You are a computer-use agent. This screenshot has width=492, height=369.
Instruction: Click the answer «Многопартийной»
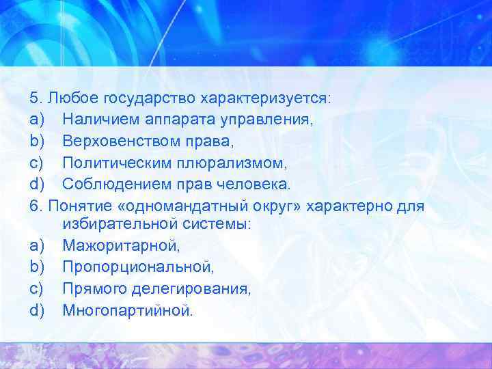click(128, 310)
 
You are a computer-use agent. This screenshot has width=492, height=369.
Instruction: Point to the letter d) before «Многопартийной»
click(38, 310)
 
